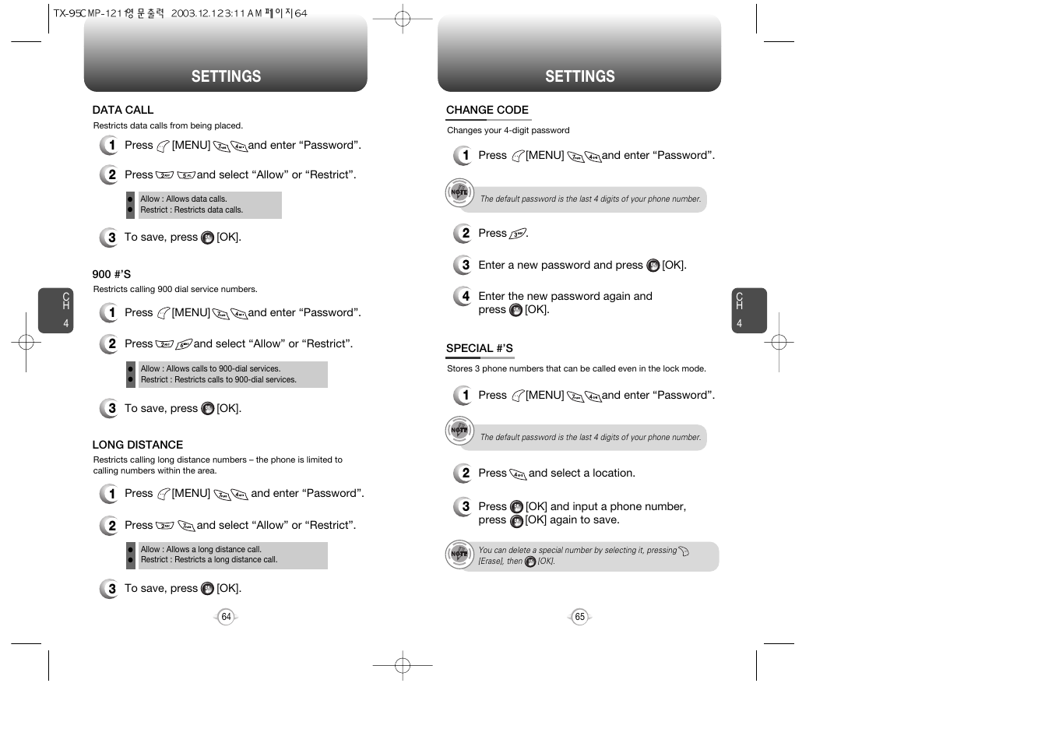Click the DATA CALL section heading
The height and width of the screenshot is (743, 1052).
[x=123, y=110]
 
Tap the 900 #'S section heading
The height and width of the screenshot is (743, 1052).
[x=111, y=274]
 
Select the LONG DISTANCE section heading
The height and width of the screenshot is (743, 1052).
[x=138, y=445]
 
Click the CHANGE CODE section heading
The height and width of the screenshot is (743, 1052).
[x=487, y=110]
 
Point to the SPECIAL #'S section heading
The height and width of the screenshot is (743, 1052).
[x=479, y=348]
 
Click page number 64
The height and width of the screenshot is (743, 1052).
[x=226, y=617]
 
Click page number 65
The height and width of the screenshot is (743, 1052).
[x=579, y=617]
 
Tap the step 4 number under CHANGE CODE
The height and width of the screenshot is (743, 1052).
[x=464, y=297]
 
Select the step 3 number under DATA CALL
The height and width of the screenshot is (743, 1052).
[x=110, y=238]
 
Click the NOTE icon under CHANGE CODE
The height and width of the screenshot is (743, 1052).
[x=459, y=192]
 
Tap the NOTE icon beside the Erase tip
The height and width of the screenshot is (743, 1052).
[x=459, y=554]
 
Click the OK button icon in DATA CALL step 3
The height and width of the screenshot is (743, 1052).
[x=207, y=238]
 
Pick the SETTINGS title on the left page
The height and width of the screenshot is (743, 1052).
[x=226, y=76]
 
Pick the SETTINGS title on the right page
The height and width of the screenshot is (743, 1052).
[x=579, y=76]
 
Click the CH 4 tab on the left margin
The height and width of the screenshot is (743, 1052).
[x=56, y=311]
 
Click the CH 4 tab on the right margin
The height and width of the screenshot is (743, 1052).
[x=749, y=311]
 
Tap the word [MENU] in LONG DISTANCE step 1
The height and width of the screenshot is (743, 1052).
[x=191, y=494]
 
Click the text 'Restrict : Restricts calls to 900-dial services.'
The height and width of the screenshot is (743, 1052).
[x=218, y=380]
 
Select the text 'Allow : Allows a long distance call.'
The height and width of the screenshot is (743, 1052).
[x=201, y=549]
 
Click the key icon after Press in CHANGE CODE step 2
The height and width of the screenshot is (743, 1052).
[x=518, y=234]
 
